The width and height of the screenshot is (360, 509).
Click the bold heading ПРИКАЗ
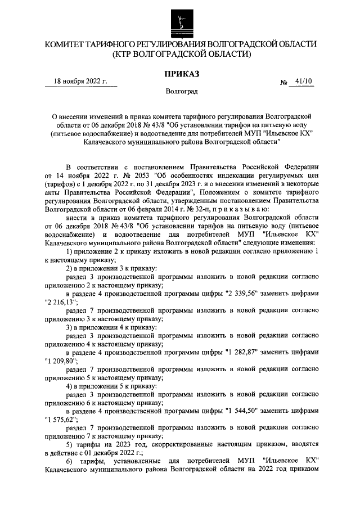click(x=179, y=73)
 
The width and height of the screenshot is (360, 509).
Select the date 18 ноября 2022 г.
click(x=80, y=82)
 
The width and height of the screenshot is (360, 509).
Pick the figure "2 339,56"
click(x=244, y=293)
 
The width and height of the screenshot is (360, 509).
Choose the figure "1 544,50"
click(x=244, y=412)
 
